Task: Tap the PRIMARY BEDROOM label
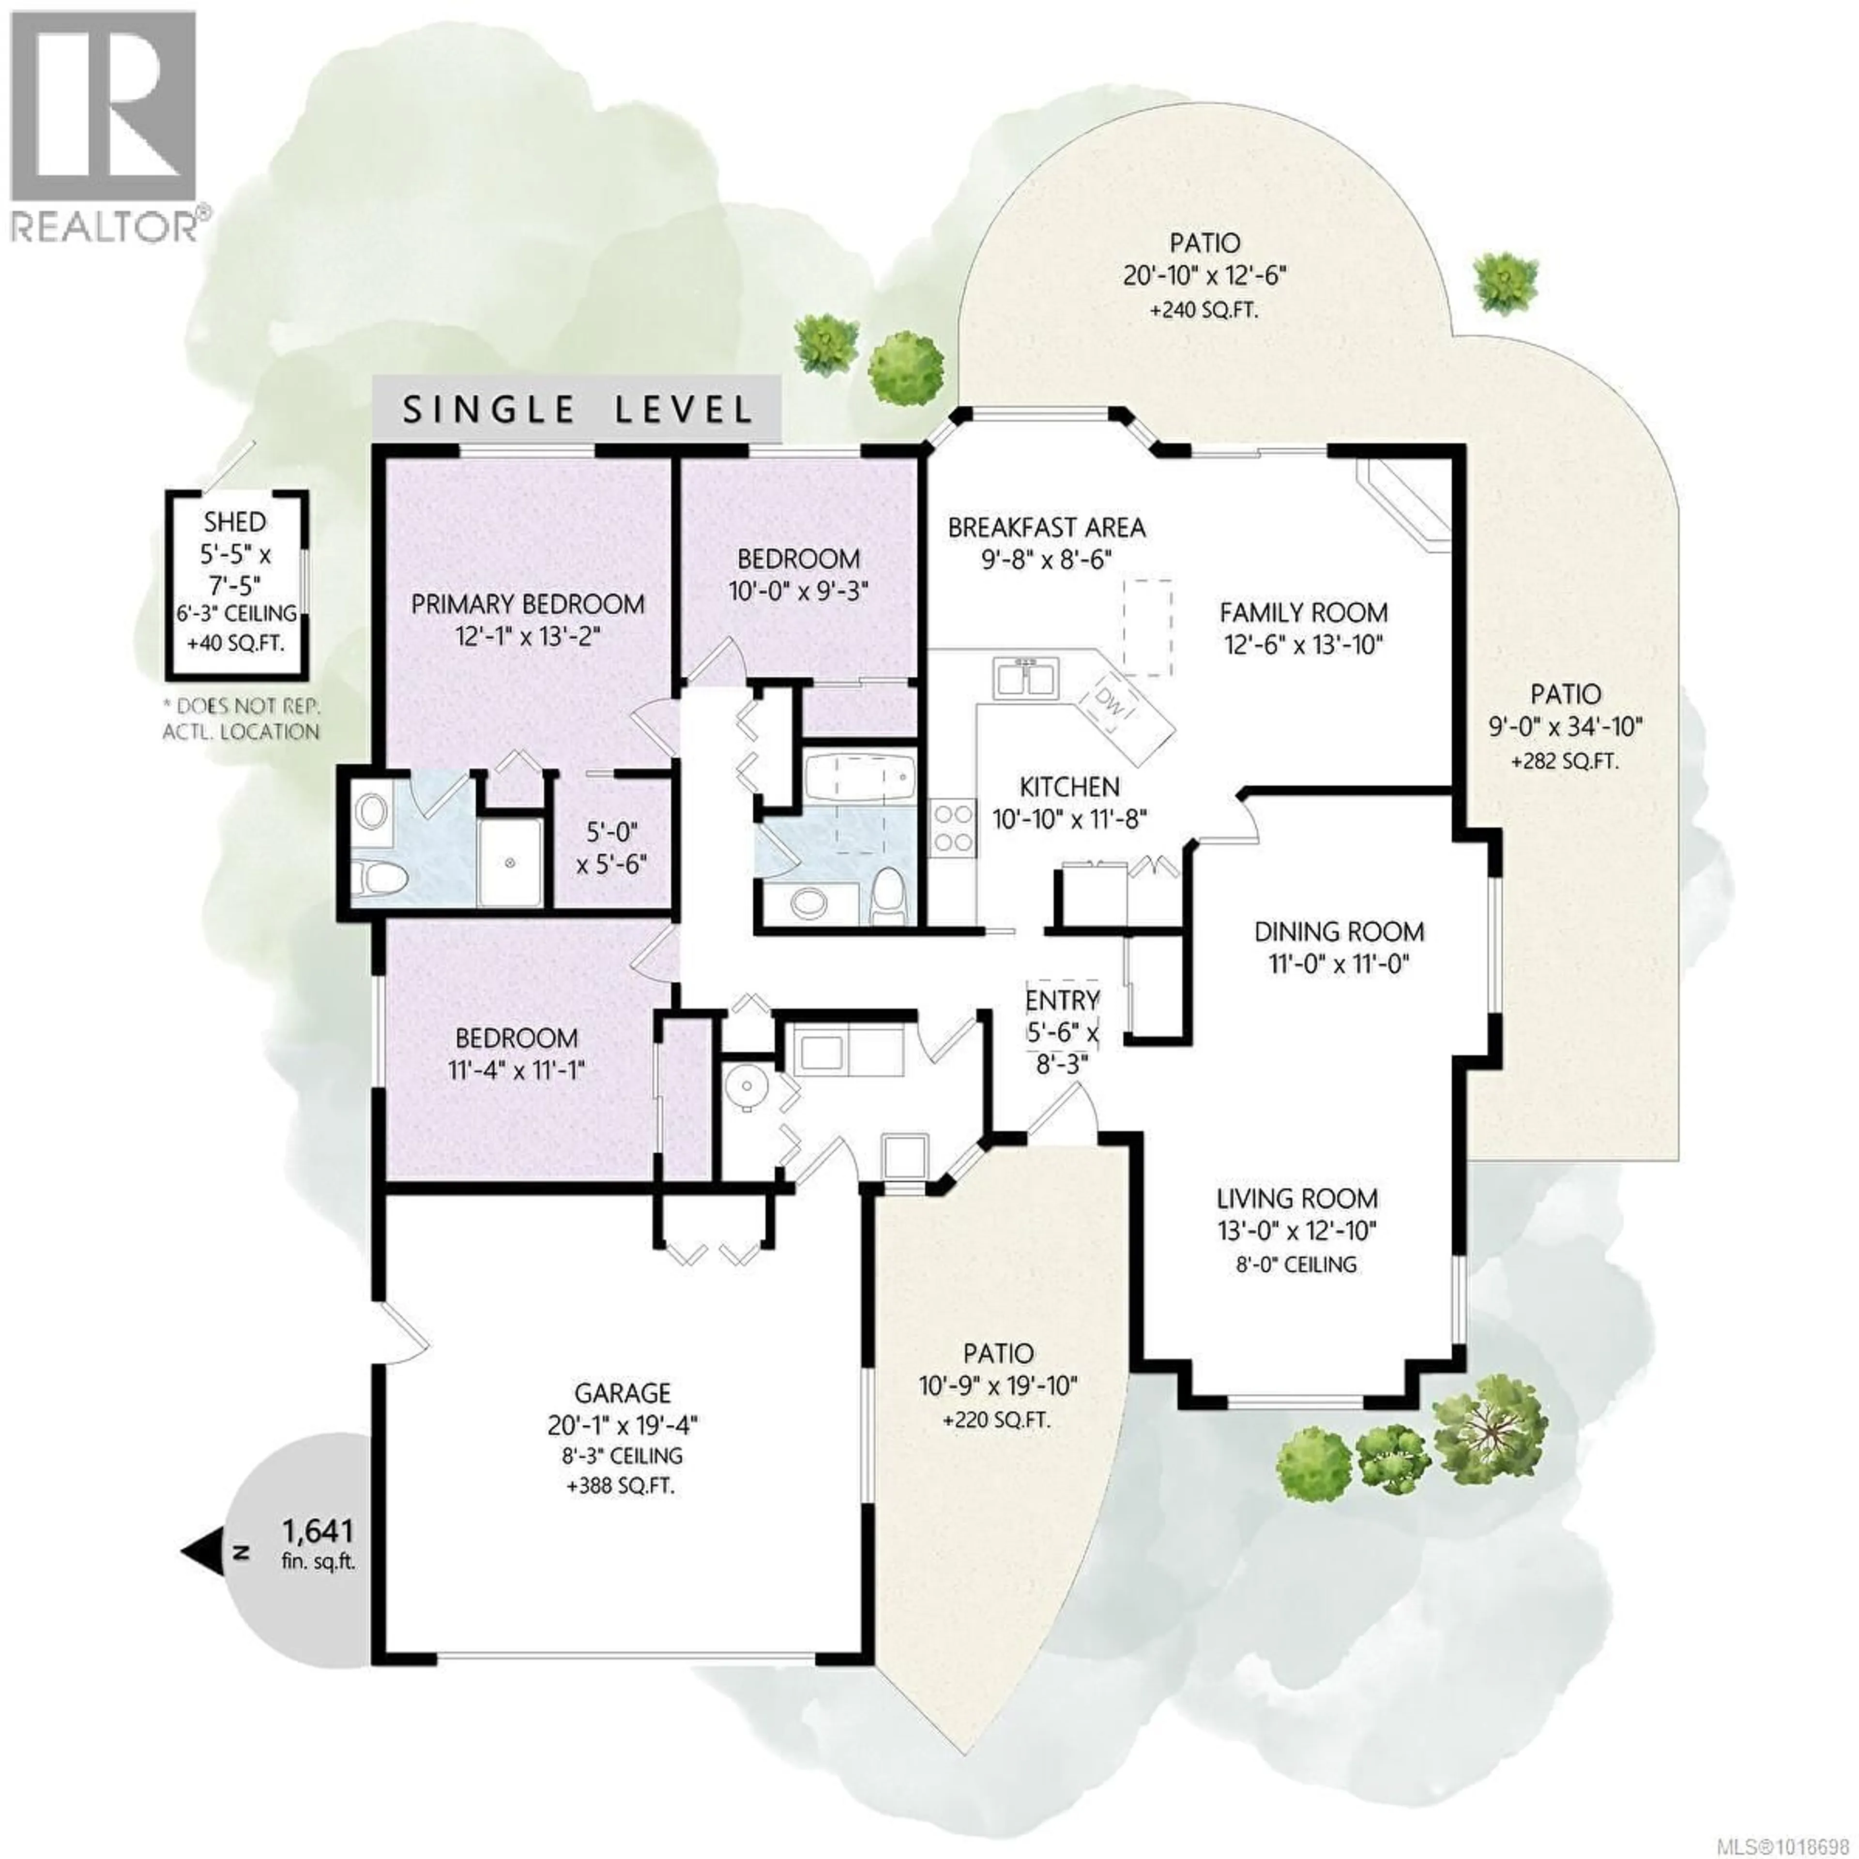pyautogui.click(x=527, y=604)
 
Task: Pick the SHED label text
pyautogui.click(x=235, y=522)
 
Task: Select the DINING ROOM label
pyautogui.click(x=1339, y=931)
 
